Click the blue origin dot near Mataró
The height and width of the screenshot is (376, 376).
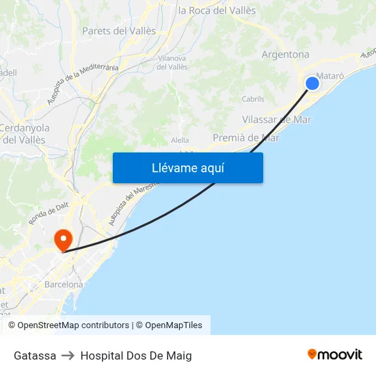click(312, 83)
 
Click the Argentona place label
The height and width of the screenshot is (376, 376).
click(285, 55)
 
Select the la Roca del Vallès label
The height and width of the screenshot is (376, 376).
click(217, 10)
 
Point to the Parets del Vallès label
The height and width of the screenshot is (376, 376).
click(119, 31)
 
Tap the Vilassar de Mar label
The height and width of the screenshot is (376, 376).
click(276, 120)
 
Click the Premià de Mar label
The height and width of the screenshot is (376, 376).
click(245, 137)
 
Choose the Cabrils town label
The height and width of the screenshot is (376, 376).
click(253, 99)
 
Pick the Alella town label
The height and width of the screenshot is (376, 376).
click(180, 140)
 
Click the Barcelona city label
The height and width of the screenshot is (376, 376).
click(64, 284)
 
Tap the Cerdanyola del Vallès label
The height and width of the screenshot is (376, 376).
click(25, 133)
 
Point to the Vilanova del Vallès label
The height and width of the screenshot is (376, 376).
click(172, 63)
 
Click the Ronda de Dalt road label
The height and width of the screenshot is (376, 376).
click(49, 213)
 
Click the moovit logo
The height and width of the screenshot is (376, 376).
click(334, 355)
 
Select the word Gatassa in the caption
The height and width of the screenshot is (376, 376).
click(35, 355)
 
